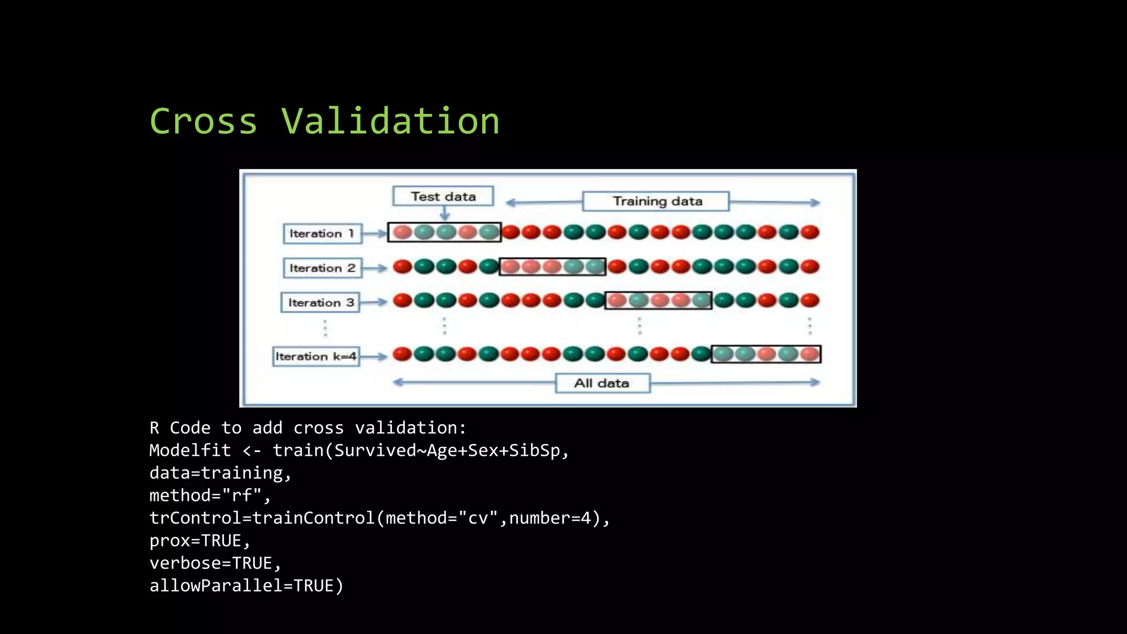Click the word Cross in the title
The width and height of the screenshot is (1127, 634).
[204, 121]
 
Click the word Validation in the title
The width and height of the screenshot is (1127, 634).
[390, 121]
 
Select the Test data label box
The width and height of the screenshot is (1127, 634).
[443, 196]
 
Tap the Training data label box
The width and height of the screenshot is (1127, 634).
[656, 201]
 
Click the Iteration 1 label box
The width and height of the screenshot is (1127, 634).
[322, 233]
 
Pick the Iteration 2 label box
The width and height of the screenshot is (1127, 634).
[322, 268]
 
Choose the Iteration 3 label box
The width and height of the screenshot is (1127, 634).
[320, 303]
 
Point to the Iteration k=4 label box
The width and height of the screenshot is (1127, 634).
[316, 356]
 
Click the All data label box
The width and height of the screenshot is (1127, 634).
[602, 383]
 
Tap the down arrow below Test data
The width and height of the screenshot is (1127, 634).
[445, 214]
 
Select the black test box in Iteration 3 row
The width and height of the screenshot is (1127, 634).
[658, 300]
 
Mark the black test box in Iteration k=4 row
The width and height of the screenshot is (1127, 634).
[766, 354]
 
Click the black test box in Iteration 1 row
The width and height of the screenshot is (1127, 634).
[445, 232]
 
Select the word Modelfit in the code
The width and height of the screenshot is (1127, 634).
[190, 450]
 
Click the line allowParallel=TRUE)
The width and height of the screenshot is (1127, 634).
[246, 586]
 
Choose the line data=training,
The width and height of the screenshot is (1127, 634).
[220, 473]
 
